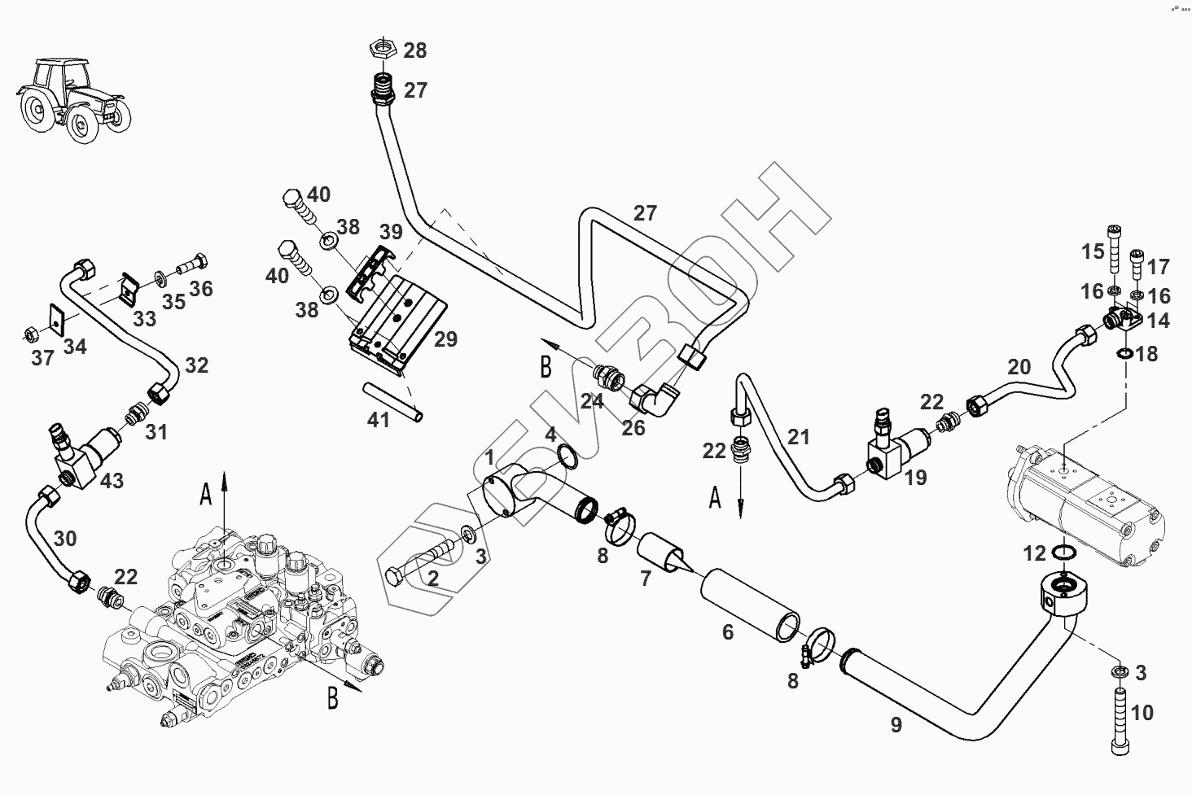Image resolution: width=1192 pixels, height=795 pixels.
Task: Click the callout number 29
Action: (x=445, y=339)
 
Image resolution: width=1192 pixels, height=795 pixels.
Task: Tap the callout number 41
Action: (x=379, y=420)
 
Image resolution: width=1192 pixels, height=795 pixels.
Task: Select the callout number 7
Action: (x=646, y=579)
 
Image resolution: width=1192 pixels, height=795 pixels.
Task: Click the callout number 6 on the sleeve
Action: (x=728, y=631)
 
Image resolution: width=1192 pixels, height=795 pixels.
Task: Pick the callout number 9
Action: (x=896, y=725)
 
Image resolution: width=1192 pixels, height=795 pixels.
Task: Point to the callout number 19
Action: (x=916, y=477)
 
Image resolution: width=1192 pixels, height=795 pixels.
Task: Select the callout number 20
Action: (x=1019, y=367)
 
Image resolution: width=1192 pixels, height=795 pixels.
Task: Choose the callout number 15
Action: (x=1092, y=251)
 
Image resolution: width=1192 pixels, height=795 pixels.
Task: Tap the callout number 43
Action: (x=112, y=481)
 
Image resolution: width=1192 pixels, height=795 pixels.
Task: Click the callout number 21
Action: (x=799, y=438)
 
